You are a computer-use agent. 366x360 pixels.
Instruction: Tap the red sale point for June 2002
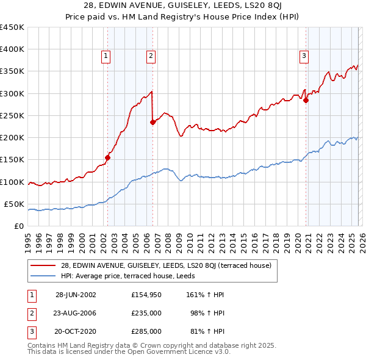tap(108, 157)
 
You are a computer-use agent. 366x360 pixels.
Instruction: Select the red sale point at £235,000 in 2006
tap(152, 122)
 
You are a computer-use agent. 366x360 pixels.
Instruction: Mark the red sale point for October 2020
tap(306, 101)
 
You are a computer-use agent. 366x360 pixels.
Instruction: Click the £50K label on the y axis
tap(15, 204)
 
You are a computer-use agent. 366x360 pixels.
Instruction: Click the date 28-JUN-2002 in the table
tap(76, 294)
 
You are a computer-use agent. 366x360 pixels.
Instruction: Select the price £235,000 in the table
tap(146, 313)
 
